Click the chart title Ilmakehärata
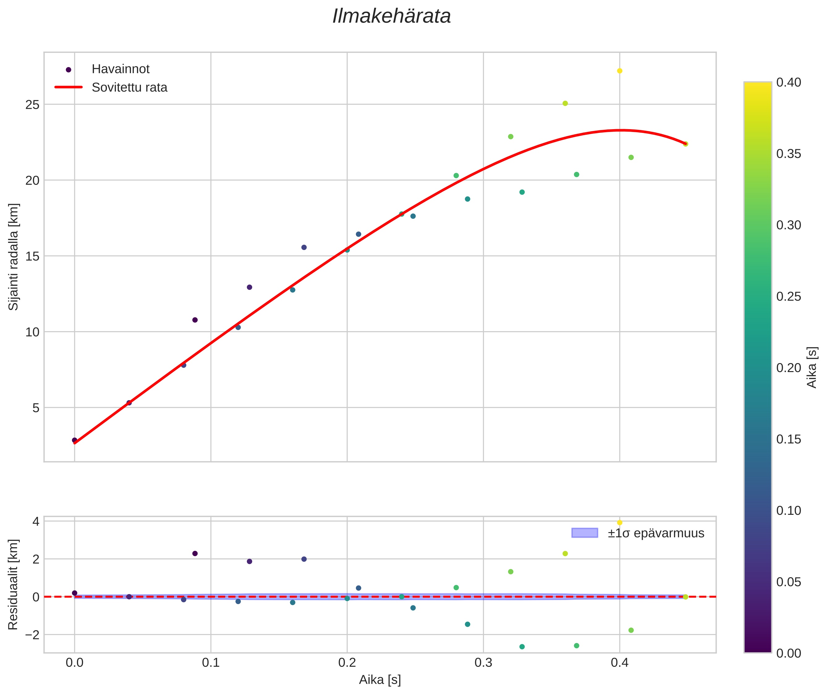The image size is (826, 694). (392, 16)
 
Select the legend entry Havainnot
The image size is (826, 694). (121, 69)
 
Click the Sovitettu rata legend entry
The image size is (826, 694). (129, 87)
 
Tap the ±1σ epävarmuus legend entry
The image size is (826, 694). (656, 533)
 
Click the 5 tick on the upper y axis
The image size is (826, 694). (36, 408)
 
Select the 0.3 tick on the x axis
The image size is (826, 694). (483, 663)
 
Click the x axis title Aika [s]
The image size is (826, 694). (380, 680)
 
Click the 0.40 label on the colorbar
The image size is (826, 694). (788, 83)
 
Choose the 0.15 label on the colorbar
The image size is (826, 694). (788, 439)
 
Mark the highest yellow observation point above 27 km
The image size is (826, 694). (619, 71)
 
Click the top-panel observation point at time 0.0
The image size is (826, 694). (74, 440)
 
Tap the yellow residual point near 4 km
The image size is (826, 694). (619, 523)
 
